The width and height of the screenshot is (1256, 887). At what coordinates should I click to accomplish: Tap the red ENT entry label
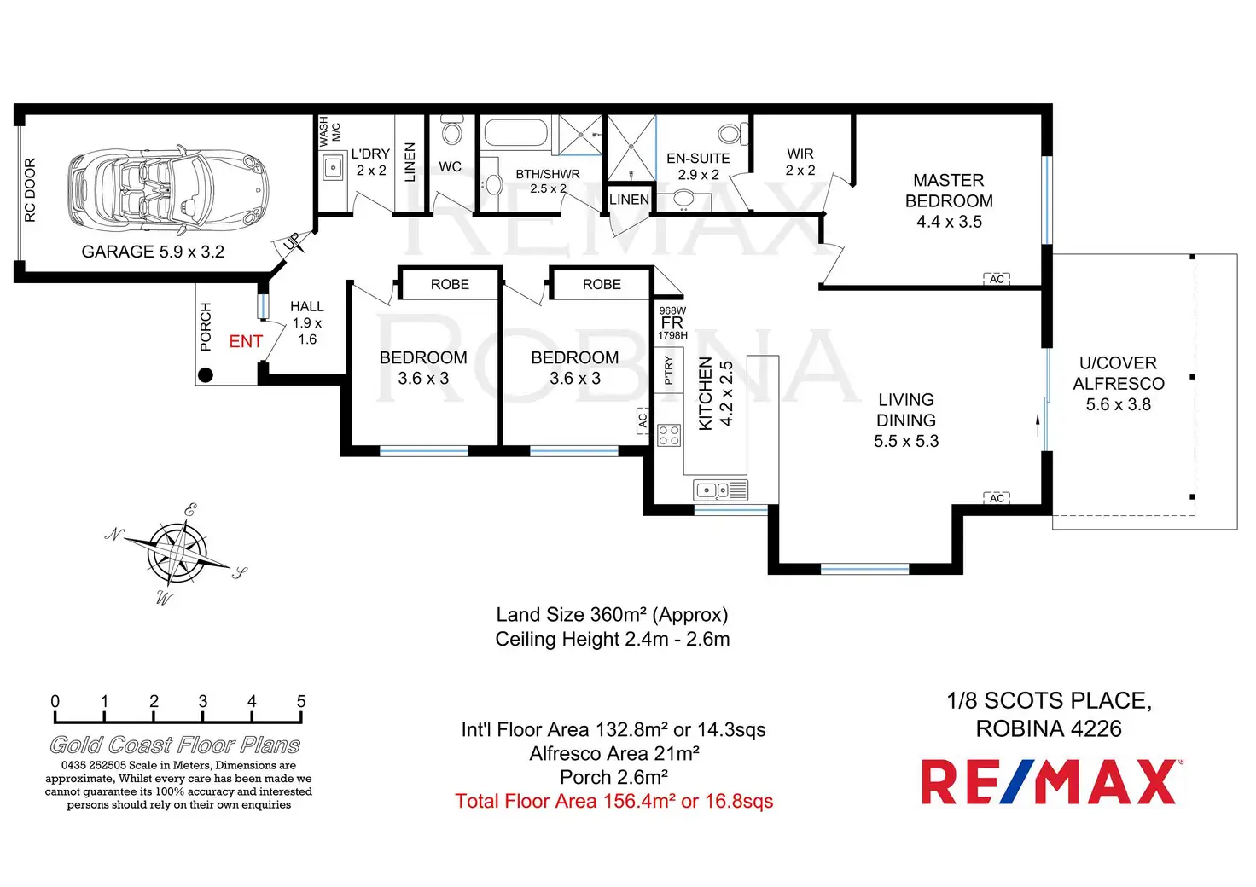coord(246,342)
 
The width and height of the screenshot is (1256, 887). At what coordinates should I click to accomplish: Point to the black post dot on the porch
coord(206,374)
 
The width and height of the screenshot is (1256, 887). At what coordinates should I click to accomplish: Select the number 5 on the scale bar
coord(301,702)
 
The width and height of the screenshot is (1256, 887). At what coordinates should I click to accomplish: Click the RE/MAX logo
coord(1050,782)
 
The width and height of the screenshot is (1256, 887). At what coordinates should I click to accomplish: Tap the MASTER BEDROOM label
coord(949,201)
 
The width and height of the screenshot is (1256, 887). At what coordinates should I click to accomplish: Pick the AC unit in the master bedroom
coord(997,279)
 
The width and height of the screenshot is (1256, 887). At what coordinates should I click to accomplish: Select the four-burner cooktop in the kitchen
coord(669,436)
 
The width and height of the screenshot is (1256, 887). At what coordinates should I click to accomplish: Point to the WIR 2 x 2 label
coord(800,162)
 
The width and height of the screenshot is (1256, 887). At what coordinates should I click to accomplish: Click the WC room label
coord(451,167)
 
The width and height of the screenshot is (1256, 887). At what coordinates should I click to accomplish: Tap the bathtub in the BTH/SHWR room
coord(515,134)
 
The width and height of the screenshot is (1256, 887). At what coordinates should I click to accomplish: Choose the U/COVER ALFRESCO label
coord(1119,384)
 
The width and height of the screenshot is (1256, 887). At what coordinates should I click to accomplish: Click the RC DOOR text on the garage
coord(31,189)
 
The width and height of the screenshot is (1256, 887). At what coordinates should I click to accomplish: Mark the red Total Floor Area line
coord(614,802)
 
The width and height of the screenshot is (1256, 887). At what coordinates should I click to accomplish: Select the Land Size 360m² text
coord(612,615)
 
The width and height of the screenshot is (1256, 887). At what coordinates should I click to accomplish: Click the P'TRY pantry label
coord(668,371)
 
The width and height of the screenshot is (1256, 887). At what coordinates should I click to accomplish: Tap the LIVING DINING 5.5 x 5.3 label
coord(906,420)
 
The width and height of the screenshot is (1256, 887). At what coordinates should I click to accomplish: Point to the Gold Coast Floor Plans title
coord(175,745)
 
